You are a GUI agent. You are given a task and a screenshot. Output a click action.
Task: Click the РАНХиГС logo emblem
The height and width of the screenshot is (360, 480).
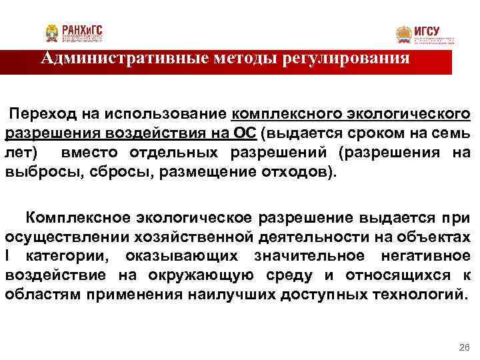(53, 33)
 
